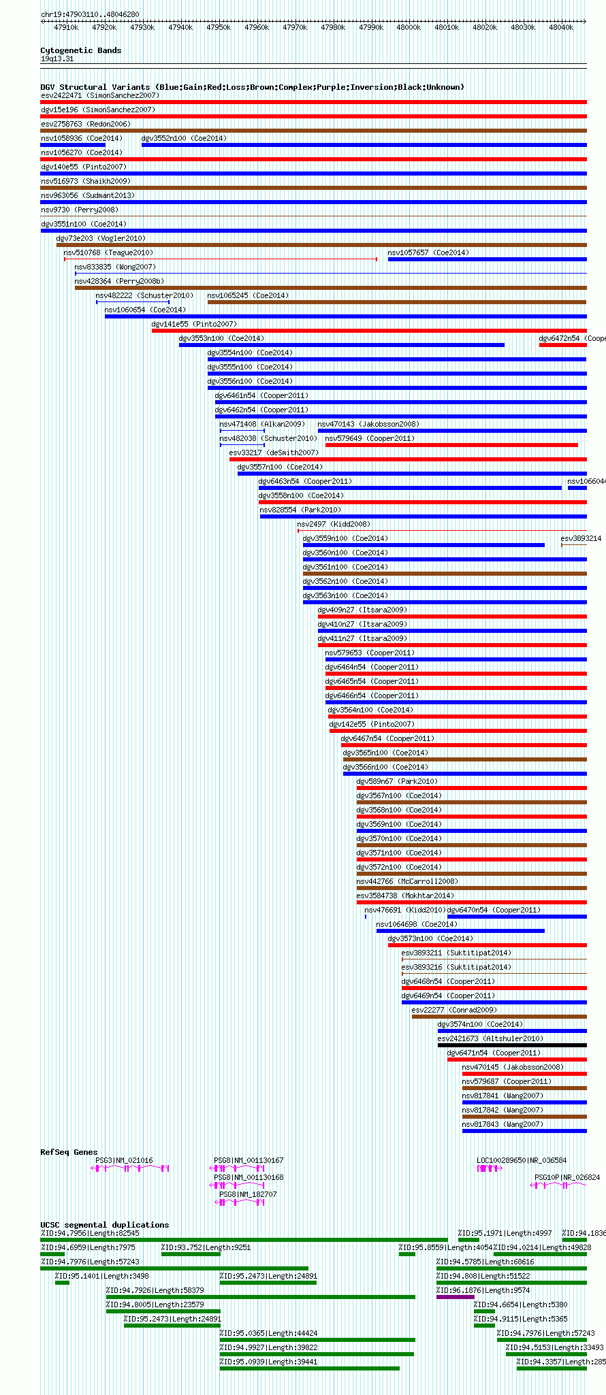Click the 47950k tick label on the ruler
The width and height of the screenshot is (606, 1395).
(x=219, y=28)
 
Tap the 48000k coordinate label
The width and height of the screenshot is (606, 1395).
(x=409, y=28)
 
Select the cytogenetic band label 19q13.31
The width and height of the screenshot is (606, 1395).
(x=57, y=59)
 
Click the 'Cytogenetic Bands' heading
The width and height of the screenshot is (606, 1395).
(x=80, y=50)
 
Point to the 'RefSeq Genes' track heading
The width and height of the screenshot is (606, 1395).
(x=69, y=1152)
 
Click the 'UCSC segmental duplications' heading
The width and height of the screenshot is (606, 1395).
(x=104, y=1225)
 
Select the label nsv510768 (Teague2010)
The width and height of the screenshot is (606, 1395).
(x=108, y=253)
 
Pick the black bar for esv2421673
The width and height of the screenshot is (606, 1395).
(x=511, y=1045)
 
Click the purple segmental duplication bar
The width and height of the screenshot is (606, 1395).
(x=455, y=1297)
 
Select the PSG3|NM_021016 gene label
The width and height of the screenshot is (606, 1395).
(x=124, y=1161)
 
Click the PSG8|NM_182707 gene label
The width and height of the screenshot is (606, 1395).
(x=248, y=1194)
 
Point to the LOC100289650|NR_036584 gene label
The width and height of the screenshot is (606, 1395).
(x=521, y=1161)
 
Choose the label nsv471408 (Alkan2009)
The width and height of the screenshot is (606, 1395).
(x=261, y=425)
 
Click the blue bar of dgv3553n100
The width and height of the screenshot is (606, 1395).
(x=341, y=345)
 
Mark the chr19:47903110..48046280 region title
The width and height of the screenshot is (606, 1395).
(x=90, y=14)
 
